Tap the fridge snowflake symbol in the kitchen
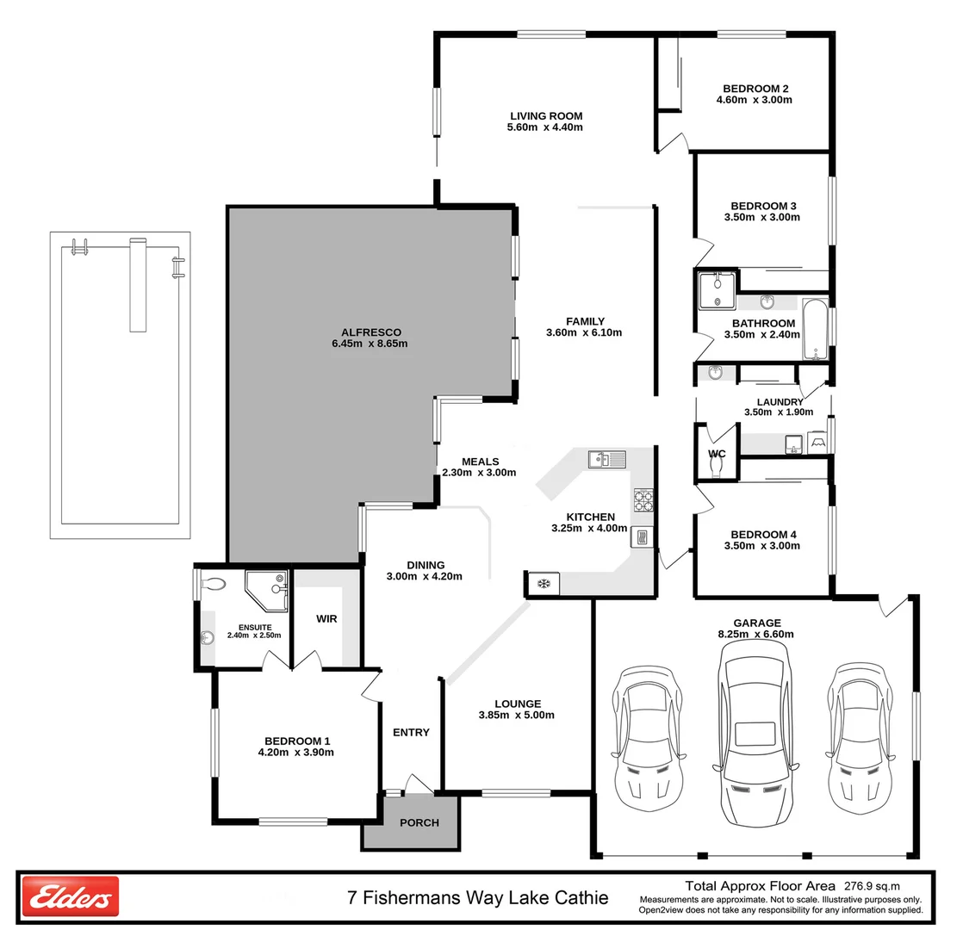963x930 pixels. pyautogui.click(x=544, y=585)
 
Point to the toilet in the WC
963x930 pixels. pyautogui.click(x=717, y=465)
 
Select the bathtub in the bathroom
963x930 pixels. pyautogui.click(x=815, y=330)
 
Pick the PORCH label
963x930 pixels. pyautogui.click(x=419, y=822)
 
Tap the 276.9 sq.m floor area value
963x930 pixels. pyautogui.click(x=882, y=885)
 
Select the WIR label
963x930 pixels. pyautogui.click(x=326, y=618)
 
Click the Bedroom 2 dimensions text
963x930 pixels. pyautogui.click(x=754, y=100)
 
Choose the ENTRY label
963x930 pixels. pyautogui.click(x=411, y=732)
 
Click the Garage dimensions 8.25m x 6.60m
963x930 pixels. pyautogui.click(x=757, y=635)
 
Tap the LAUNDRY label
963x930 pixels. pyautogui.click(x=780, y=402)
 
